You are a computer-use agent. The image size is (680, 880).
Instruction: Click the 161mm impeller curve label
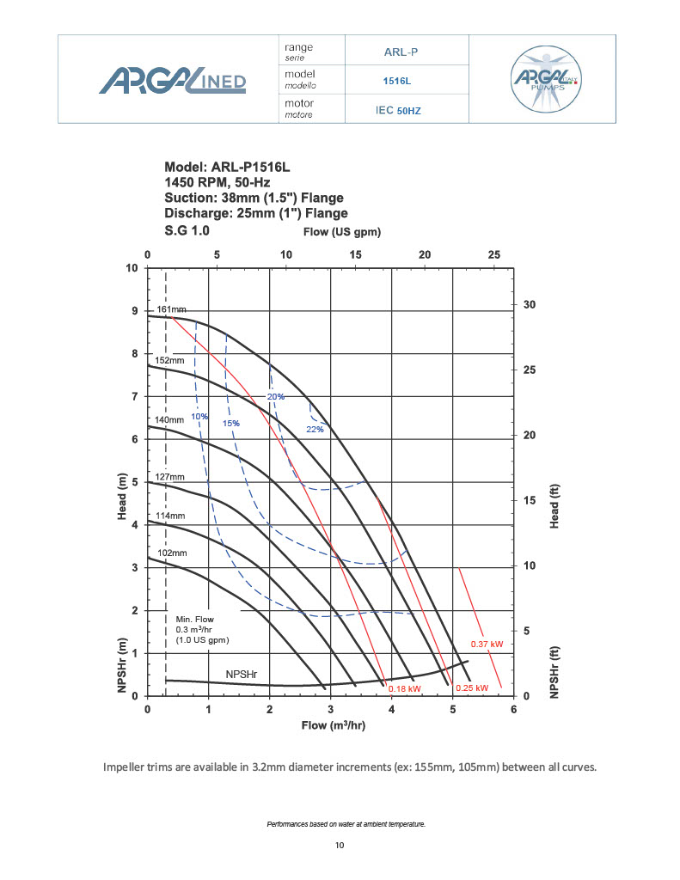[171, 309]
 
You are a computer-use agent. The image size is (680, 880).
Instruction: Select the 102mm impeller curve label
[171, 553]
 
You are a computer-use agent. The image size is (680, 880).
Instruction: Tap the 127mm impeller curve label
[170, 477]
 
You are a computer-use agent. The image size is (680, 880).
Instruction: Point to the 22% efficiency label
[315, 429]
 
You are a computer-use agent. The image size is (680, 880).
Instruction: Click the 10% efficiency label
[199, 417]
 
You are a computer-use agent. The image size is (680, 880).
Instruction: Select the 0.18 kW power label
[405, 688]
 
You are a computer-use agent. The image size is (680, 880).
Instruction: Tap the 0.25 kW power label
[472, 688]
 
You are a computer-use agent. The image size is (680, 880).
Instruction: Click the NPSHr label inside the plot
[243, 675]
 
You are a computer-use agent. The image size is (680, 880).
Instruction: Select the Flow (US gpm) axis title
[341, 232]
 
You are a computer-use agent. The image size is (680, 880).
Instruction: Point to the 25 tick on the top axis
[493, 254]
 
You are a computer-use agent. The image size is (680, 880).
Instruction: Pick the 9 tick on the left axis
[132, 310]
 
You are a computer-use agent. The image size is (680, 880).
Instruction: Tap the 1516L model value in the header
[396, 81]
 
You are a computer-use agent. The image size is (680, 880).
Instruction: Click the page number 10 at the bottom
[339, 846]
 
